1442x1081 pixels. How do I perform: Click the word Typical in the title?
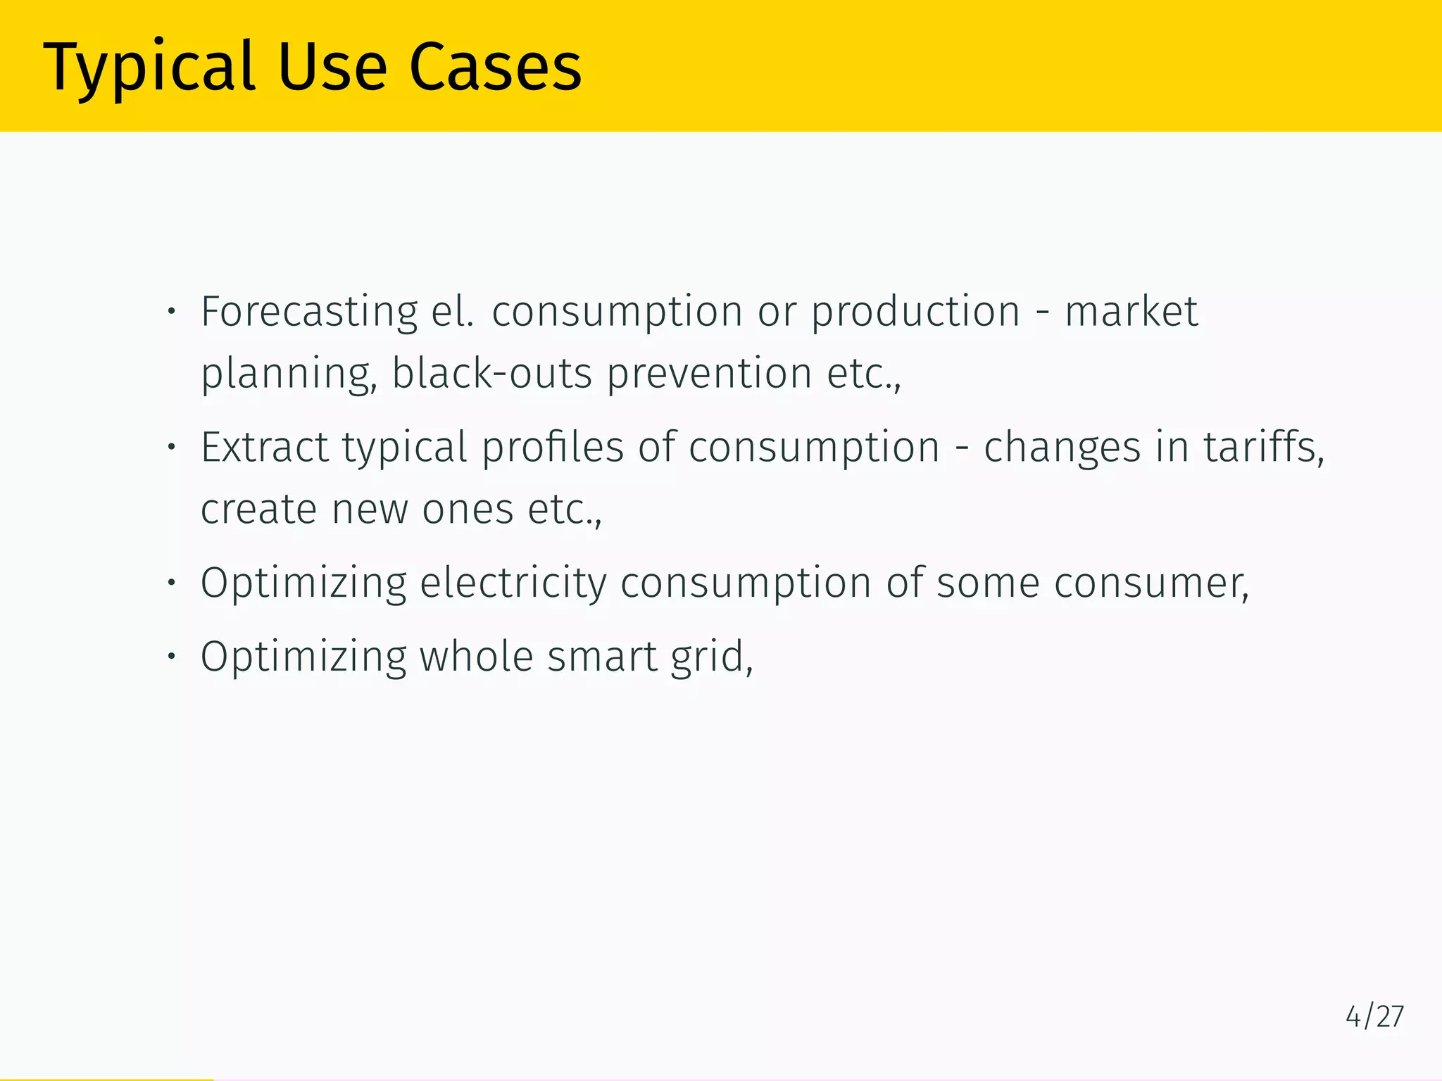tap(149, 68)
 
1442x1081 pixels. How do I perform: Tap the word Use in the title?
tap(332, 68)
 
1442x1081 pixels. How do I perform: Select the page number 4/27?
tap(1374, 1017)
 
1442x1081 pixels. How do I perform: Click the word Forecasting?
tap(309, 312)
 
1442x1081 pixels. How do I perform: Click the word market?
tap(1131, 312)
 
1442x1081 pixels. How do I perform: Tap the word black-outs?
tap(491, 373)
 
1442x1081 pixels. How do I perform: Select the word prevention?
tap(709, 373)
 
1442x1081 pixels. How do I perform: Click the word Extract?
tap(264, 448)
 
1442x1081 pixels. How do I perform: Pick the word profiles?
tap(553, 448)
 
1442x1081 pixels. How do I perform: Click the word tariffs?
tap(1262, 448)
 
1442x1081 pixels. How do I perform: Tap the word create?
tap(258, 509)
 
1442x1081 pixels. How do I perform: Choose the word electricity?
tap(513, 583)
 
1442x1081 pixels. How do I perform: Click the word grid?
tap(711, 657)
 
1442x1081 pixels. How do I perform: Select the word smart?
tap(602, 657)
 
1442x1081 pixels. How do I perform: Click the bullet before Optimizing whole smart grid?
tap(170, 657)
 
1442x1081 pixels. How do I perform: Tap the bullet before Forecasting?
tap(170, 312)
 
